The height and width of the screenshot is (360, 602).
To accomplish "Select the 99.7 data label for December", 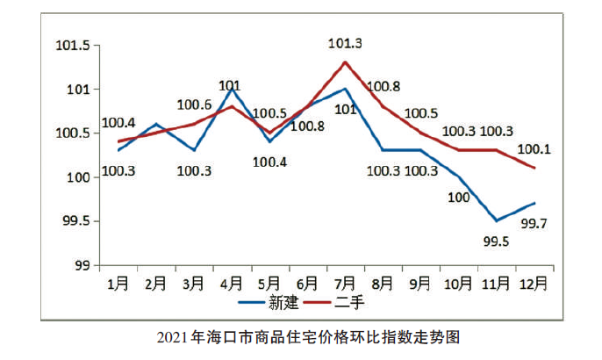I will pos(535,224).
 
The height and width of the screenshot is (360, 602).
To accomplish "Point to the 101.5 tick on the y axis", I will pos(72,46).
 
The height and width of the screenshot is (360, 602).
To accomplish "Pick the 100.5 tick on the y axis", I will pos(72,133).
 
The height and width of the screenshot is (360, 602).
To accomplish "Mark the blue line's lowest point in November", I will pos(497,220).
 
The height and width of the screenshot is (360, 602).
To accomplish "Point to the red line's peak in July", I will pos(346,62).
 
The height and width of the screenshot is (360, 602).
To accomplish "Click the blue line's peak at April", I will pos(232,89).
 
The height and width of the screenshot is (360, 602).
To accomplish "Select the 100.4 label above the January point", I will pos(118,123).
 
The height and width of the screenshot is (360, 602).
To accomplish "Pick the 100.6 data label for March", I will pos(193,104).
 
